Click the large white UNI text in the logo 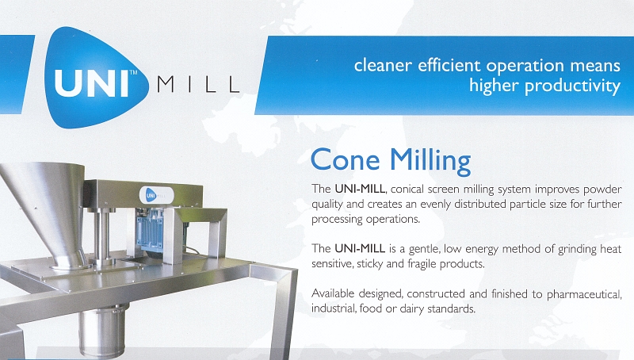click(x=92, y=83)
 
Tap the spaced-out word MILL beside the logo click(x=198, y=85)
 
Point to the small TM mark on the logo click(x=133, y=73)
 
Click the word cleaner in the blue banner click(x=383, y=65)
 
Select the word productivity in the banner click(x=572, y=86)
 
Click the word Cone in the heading click(x=346, y=159)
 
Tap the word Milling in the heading click(x=430, y=161)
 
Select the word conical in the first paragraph click(x=407, y=190)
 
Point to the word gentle click(x=425, y=249)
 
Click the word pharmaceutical click(x=584, y=294)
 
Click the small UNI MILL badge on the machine click(x=156, y=196)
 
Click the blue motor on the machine click(x=151, y=231)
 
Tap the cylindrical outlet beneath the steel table click(x=103, y=331)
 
